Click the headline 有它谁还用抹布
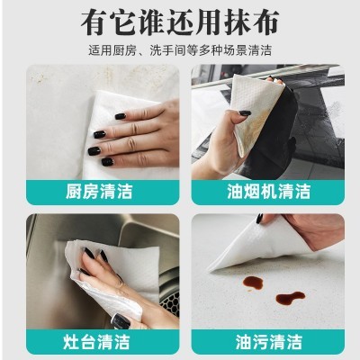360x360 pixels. [x=180, y=22]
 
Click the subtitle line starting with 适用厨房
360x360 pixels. [x=180, y=50]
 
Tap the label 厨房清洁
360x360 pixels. [x=99, y=192]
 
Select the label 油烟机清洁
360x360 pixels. [x=268, y=192]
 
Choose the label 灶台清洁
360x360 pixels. [x=96, y=342]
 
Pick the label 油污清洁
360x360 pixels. [x=268, y=342]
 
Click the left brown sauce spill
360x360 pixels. [x=253, y=283]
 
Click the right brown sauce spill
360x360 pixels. [x=290, y=298]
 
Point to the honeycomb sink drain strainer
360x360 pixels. [x=170, y=303]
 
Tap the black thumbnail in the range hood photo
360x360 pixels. [x=245, y=113]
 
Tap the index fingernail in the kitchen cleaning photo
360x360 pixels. [x=120, y=116]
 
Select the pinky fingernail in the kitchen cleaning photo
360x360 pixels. [x=107, y=162]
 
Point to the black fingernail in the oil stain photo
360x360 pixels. [x=259, y=219]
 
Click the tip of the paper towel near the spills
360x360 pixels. [x=209, y=271]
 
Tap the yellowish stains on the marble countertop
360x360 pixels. [x=40, y=78]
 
